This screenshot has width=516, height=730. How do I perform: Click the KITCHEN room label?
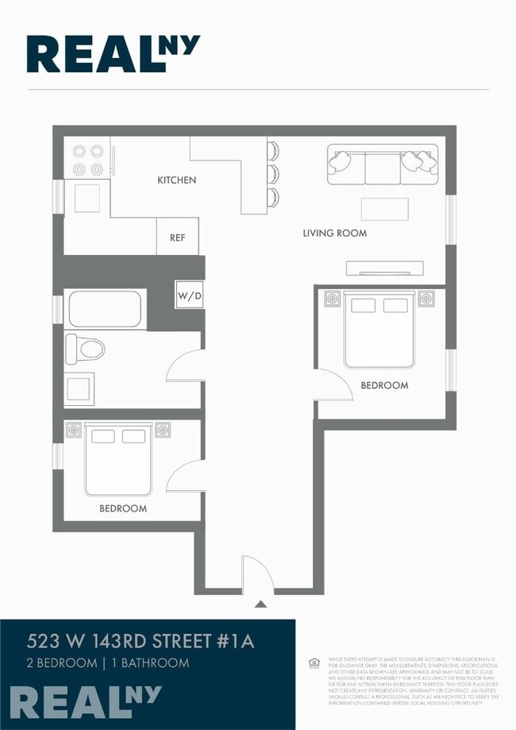pyautogui.click(x=176, y=180)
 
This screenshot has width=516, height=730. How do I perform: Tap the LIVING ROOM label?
pyautogui.click(x=334, y=234)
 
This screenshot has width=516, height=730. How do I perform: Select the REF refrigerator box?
pyautogui.click(x=177, y=237)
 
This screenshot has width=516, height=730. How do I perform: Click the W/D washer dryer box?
pyautogui.click(x=190, y=297)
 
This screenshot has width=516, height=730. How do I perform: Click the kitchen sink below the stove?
pyautogui.click(x=87, y=198)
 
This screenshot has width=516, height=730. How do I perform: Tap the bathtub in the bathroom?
pyautogui.click(x=105, y=309)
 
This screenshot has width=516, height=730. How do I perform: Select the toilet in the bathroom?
pyautogui.click(x=85, y=347)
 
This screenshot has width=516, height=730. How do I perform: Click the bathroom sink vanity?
pyautogui.click(x=79, y=388)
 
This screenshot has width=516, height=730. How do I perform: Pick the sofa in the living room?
pyautogui.click(x=383, y=164)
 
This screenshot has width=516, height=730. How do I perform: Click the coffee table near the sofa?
pyautogui.click(x=384, y=209)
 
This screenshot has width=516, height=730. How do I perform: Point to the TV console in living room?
pyautogui.click(x=384, y=268)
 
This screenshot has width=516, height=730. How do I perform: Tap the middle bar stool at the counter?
pyautogui.click(x=273, y=173)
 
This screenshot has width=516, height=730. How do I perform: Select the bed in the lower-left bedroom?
pyautogui.click(x=117, y=461)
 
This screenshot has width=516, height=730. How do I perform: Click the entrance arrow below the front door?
pyautogui.click(x=260, y=604)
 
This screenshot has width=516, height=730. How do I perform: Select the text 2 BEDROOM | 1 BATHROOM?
pyautogui.click(x=108, y=662)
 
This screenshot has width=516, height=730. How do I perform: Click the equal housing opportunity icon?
pyautogui.click(x=314, y=662)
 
